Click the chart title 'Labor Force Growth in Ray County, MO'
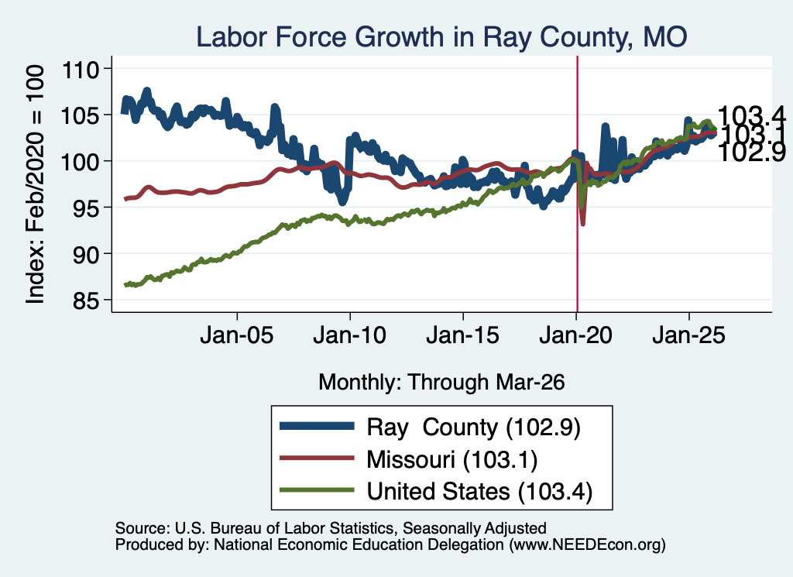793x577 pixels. click(x=441, y=37)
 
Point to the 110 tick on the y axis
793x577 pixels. click(x=80, y=70)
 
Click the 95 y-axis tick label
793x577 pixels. click(x=85, y=208)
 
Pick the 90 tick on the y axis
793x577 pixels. click(x=85, y=255)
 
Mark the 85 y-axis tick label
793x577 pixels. click(x=85, y=301)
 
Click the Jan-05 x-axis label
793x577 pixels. click(x=237, y=335)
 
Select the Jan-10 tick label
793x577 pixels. click(x=349, y=335)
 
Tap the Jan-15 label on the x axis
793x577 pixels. click(x=463, y=335)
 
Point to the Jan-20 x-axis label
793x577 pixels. click(x=575, y=335)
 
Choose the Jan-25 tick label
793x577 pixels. click(x=688, y=335)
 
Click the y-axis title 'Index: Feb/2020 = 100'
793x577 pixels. click(x=35, y=184)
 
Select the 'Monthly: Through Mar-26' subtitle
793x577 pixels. click(x=441, y=383)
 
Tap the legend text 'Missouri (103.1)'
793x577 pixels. click(x=451, y=460)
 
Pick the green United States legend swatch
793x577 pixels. click(x=317, y=490)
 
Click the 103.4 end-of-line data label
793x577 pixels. click(x=752, y=116)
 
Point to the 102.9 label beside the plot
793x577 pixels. click(x=752, y=153)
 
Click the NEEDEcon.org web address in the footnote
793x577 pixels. click(x=587, y=544)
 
